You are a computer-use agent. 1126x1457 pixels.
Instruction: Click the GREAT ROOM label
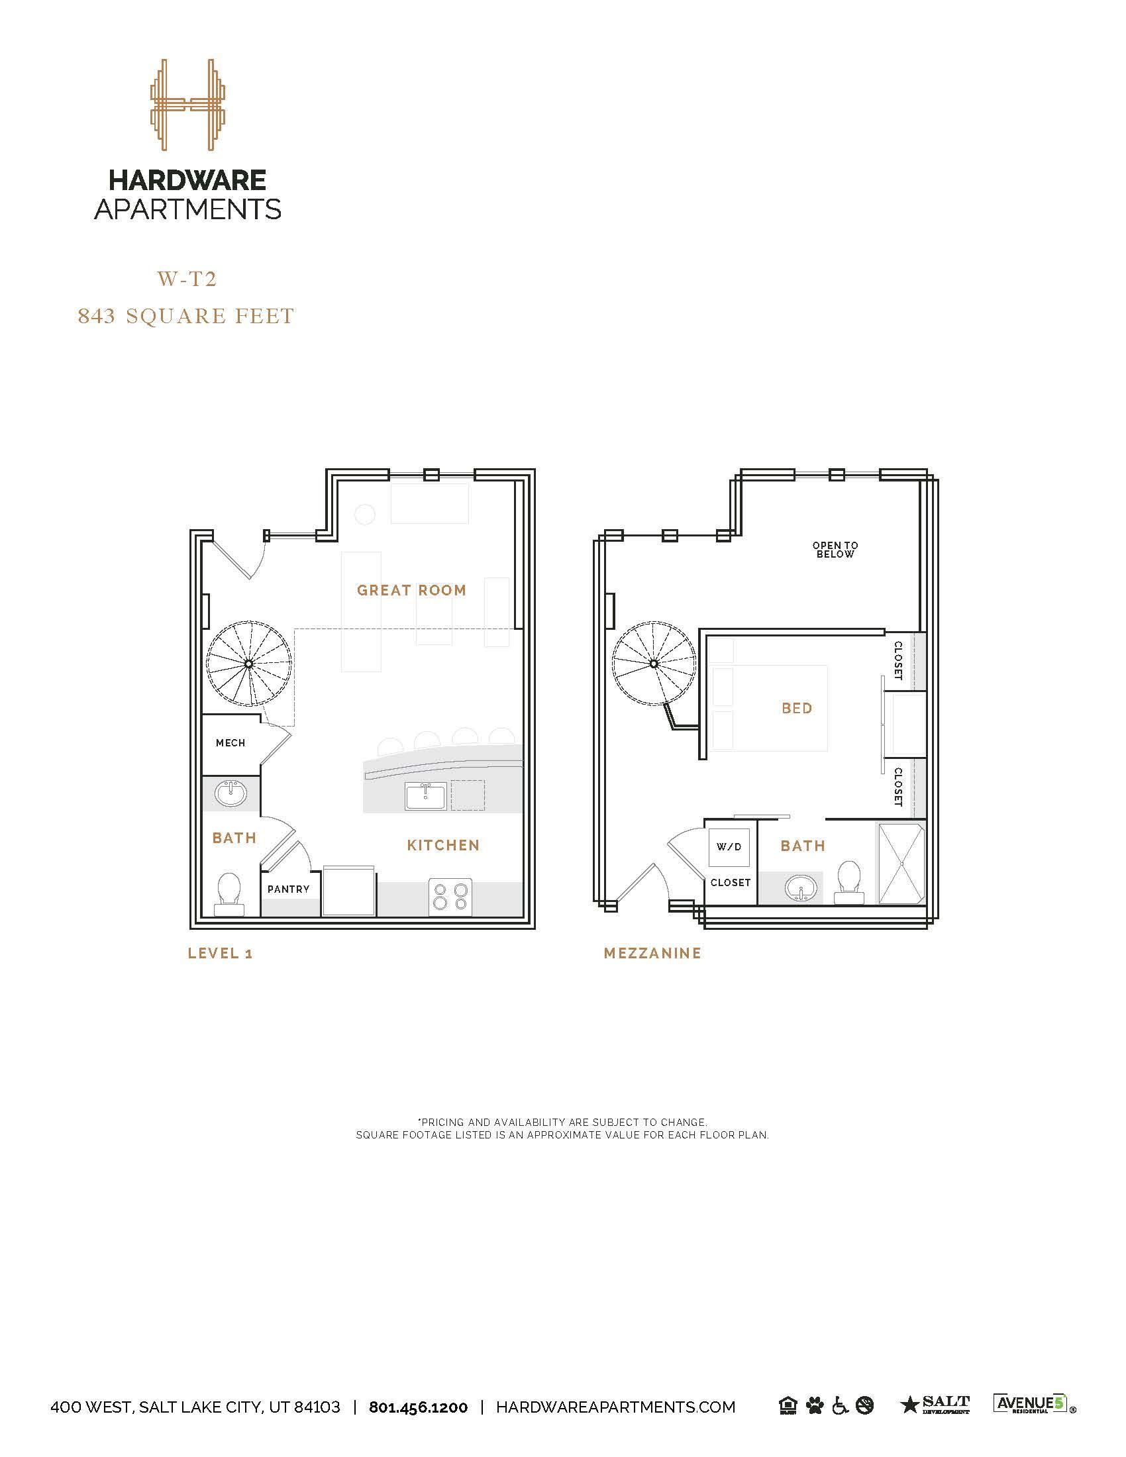411,589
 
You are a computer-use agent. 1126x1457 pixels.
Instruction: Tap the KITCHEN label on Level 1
444,845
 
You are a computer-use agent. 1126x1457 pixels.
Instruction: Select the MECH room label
230,742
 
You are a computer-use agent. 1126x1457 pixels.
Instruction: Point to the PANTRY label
289,889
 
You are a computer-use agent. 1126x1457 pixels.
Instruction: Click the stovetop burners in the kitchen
450,897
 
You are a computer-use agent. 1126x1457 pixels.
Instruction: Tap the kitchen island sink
426,797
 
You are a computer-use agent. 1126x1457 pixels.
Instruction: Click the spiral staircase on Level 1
249,664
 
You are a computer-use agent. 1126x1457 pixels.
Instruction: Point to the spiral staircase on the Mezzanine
654,663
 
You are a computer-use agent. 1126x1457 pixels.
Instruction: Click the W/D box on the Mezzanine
729,846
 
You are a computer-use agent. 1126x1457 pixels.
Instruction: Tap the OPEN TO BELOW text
835,550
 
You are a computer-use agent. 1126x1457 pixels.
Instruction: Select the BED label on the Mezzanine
797,708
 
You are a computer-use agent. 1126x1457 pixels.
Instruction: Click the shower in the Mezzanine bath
901,864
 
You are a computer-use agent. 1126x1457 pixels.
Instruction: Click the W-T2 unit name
187,279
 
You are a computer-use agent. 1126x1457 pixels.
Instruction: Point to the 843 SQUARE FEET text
186,315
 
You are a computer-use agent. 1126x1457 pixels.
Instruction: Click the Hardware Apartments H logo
187,105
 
